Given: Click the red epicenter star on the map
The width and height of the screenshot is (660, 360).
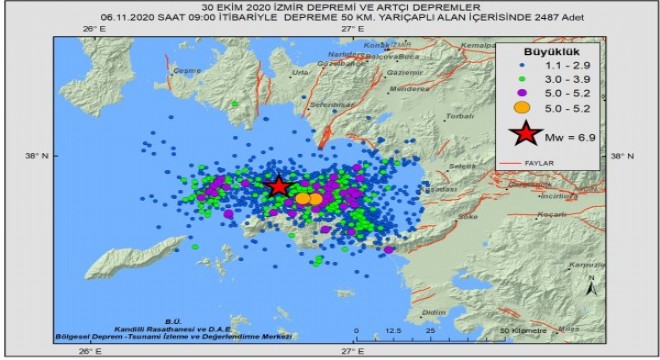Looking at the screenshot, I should coord(279,186).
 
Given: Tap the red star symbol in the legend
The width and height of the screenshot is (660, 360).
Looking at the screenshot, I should coord(524,135).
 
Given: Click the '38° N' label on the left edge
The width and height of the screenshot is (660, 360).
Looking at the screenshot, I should coord(35,155).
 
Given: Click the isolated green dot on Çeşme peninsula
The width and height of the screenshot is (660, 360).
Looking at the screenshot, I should coord(234,103).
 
